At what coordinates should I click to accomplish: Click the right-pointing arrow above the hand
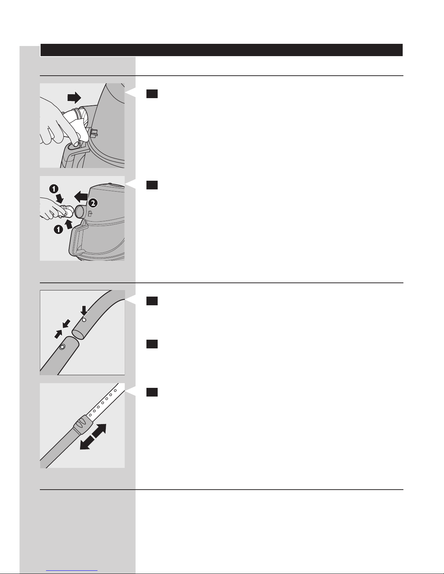[x=74, y=97]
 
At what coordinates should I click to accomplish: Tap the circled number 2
[x=93, y=203]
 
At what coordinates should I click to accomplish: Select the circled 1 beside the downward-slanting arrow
[x=54, y=189]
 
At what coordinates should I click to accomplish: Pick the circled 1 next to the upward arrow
[x=58, y=229]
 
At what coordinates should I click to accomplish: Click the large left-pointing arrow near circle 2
[x=81, y=197]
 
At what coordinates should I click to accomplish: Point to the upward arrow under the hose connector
[x=69, y=225]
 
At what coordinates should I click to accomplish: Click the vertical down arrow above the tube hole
[x=84, y=311]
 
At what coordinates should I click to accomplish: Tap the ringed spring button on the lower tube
[x=62, y=347]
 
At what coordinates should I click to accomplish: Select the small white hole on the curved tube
[x=84, y=320]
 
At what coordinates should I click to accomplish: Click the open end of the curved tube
[x=78, y=334]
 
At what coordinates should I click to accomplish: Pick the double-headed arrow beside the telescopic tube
[x=93, y=437]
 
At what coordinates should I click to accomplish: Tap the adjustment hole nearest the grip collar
[x=90, y=415]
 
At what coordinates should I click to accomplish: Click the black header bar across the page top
[x=221, y=50]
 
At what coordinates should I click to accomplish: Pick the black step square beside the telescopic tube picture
[x=152, y=392]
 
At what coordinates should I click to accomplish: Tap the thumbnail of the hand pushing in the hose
[x=82, y=125]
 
